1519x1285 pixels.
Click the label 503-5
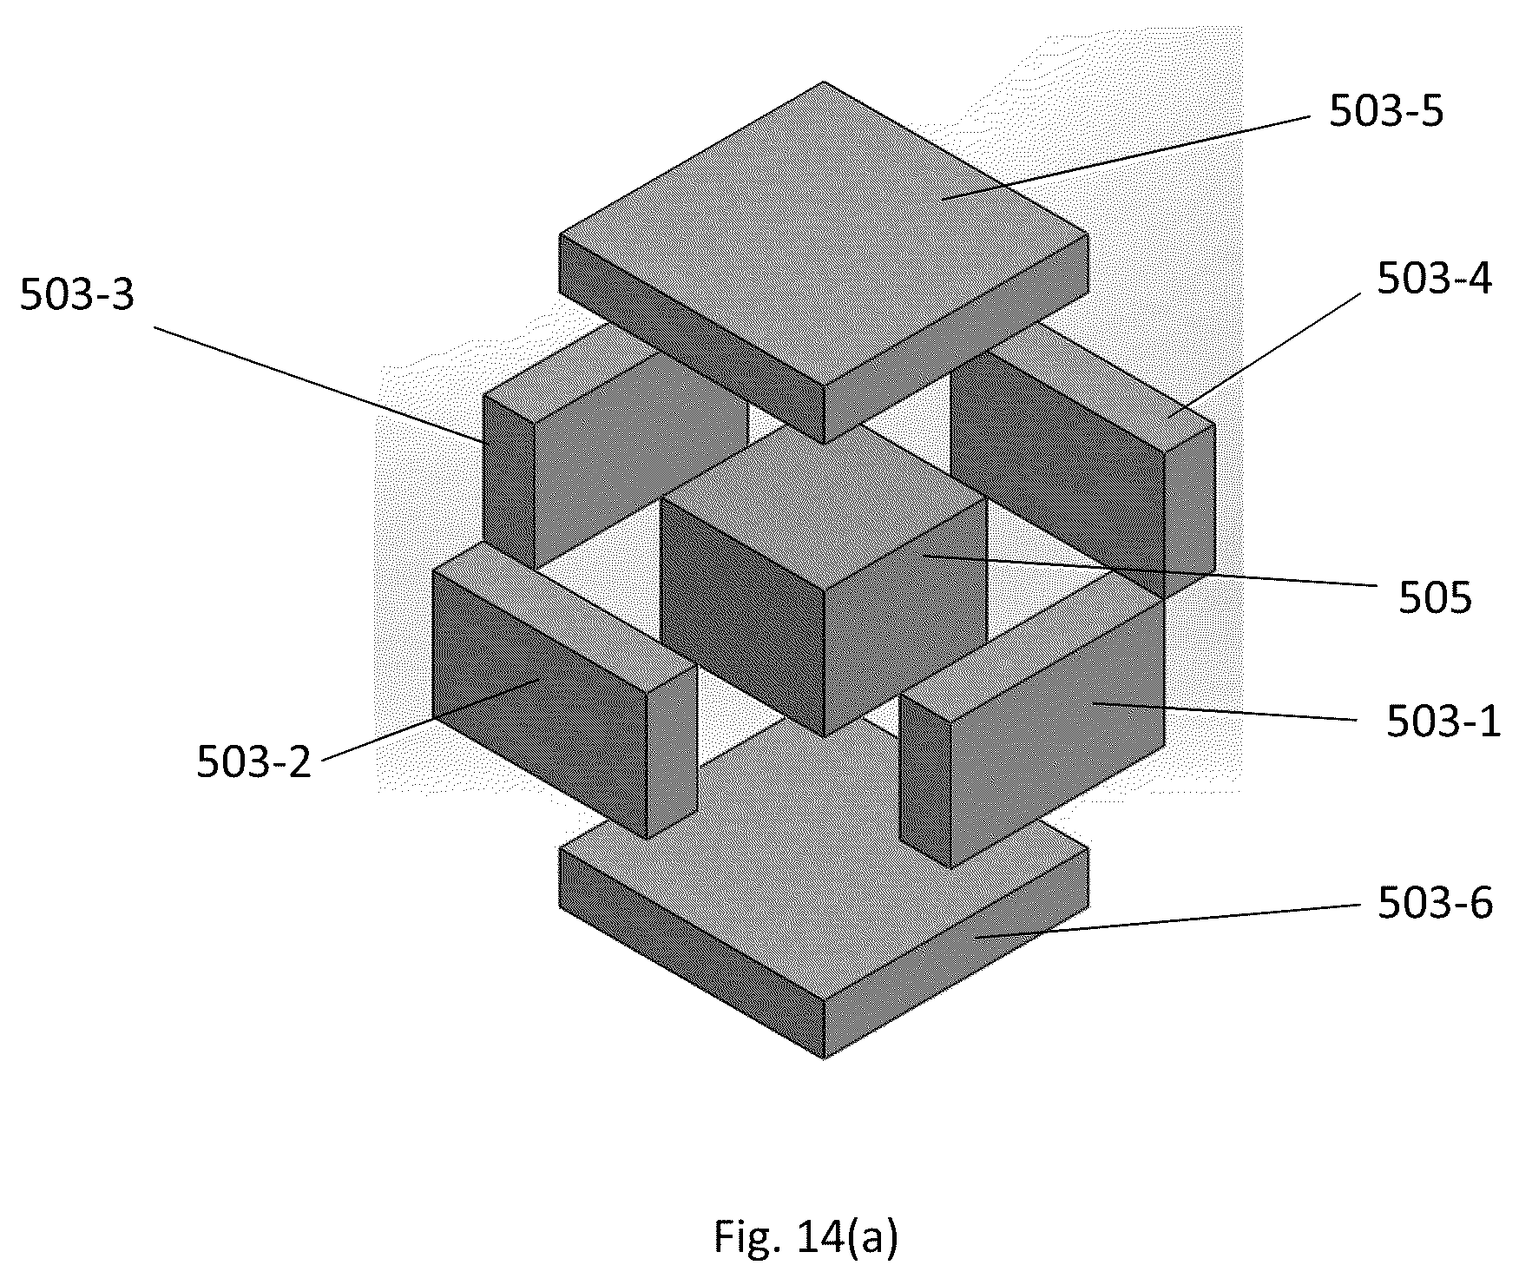(1386, 112)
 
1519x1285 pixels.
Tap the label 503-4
(1434, 280)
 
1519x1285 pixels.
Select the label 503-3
(77, 295)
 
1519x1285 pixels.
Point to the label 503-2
(253, 762)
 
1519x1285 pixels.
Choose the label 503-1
(1443, 721)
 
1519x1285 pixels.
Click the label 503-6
(1435, 904)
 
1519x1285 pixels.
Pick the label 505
(1435, 598)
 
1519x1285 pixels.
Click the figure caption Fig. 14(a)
(806, 1237)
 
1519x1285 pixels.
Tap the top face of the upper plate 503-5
(824, 234)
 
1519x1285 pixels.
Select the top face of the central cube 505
(824, 504)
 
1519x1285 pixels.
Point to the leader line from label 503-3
(319, 385)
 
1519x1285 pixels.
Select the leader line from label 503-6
(1165, 921)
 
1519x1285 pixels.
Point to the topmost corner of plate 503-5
(824, 82)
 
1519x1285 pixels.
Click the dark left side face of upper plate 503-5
(692, 339)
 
